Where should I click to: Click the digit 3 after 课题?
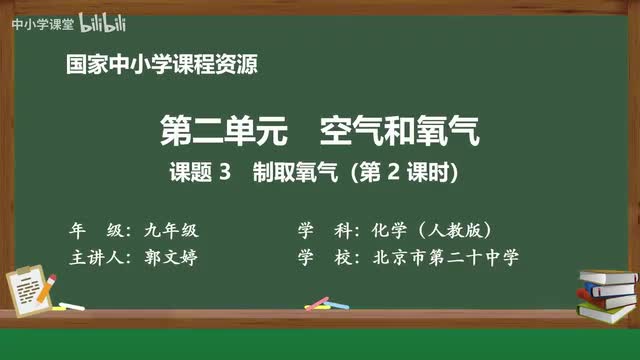coord(226,172)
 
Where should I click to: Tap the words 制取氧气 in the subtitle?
coord(289,172)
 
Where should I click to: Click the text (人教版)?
coord(456,229)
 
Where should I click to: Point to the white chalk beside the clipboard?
coord(71,305)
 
